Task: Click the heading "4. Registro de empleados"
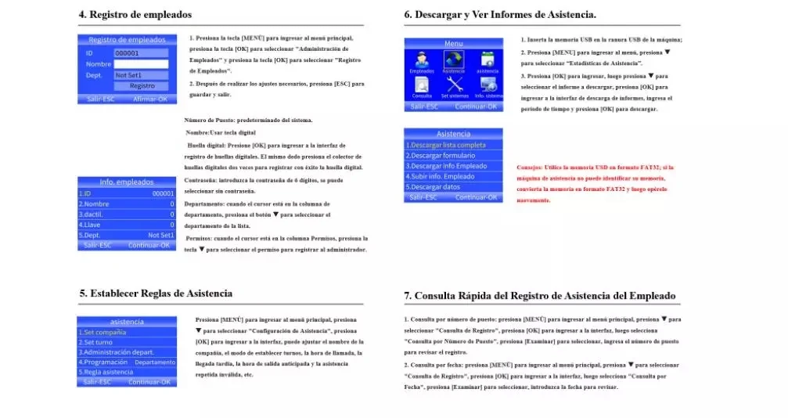[135, 15]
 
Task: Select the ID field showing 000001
[141, 53]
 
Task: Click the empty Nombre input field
[141, 64]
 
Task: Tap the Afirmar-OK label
[150, 99]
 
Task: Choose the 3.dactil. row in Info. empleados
[126, 214]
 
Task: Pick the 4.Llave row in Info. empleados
[126, 225]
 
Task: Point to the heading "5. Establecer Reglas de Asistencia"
[156, 294]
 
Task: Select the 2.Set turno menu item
[126, 342]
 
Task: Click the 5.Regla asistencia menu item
[126, 372]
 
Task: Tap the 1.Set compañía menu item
[126, 332]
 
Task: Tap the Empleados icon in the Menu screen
[422, 61]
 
